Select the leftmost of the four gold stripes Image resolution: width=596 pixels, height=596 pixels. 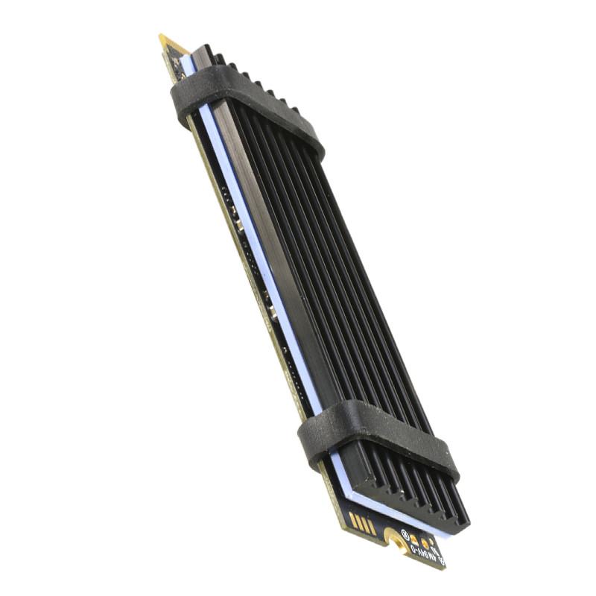click(353, 520)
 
